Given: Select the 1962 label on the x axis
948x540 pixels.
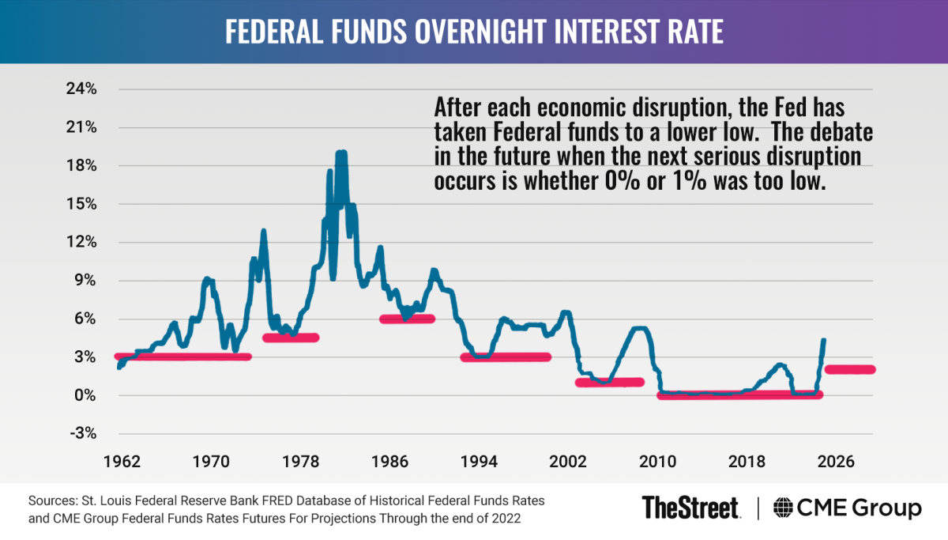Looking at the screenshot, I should [x=122, y=461].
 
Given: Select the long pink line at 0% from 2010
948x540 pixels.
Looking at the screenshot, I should [x=739, y=395].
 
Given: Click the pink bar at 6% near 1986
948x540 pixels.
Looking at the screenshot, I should [x=408, y=319].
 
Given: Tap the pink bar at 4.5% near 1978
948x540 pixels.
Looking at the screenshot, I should [x=290, y=338].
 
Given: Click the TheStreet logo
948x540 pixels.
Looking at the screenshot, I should [x=690, y=507].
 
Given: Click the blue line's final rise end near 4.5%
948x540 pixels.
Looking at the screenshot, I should [x=824, y=341].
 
